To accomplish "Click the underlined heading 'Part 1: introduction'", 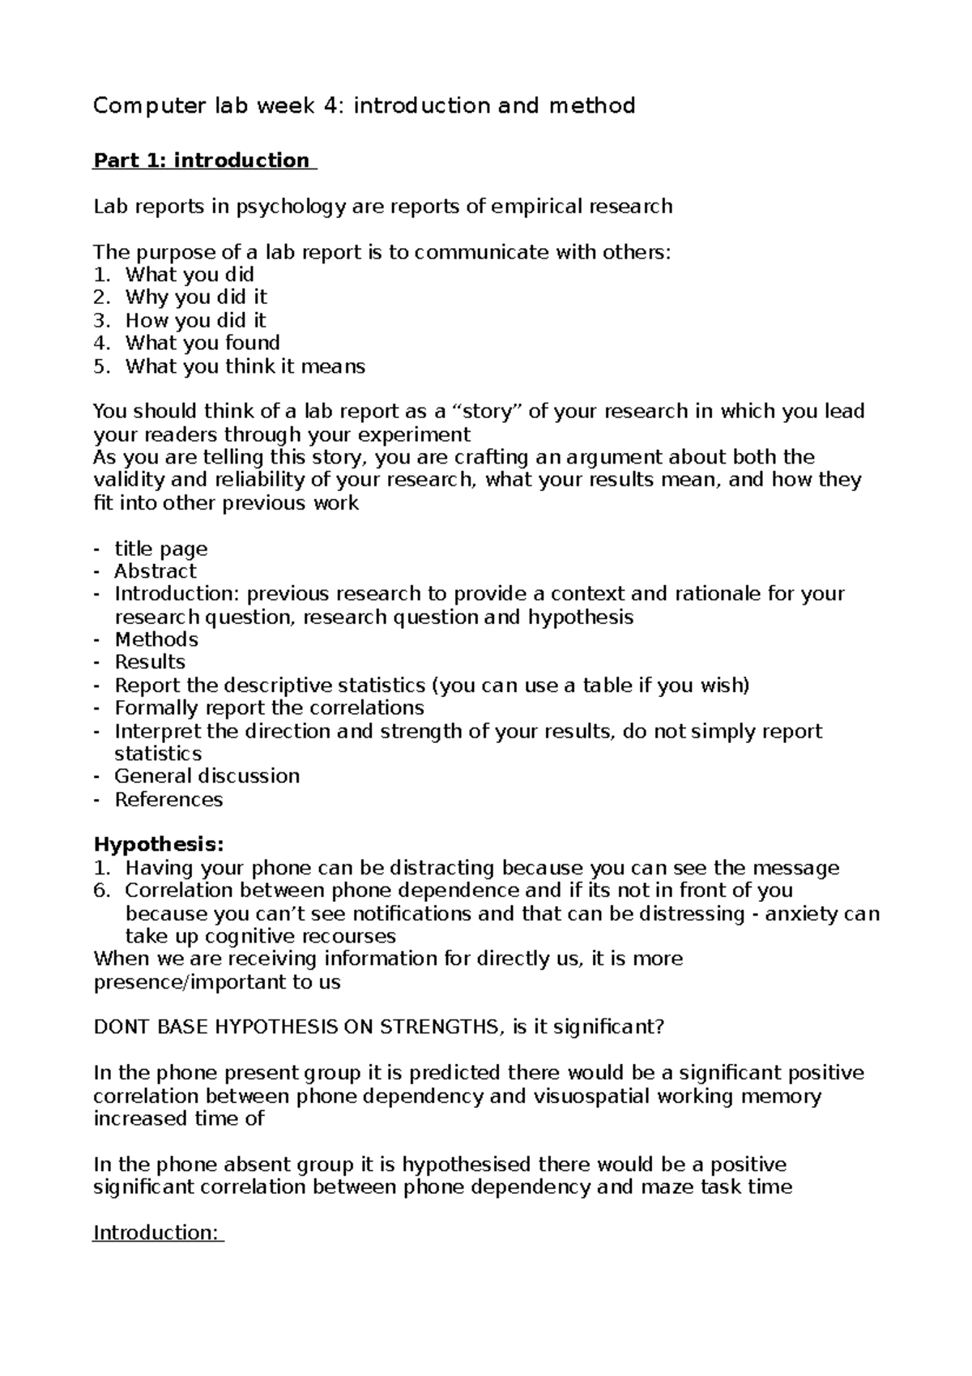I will [202, 160].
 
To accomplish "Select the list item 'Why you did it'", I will [195, 297].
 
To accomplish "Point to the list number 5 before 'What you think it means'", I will [100, 367].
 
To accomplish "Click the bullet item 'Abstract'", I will [155, 572].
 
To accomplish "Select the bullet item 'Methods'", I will [156, 640].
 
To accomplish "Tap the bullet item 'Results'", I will [150, 663].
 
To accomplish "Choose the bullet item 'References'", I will [168, 801].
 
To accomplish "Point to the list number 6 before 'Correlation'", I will [100, 891].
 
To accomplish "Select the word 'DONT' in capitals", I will [120, 1028].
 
